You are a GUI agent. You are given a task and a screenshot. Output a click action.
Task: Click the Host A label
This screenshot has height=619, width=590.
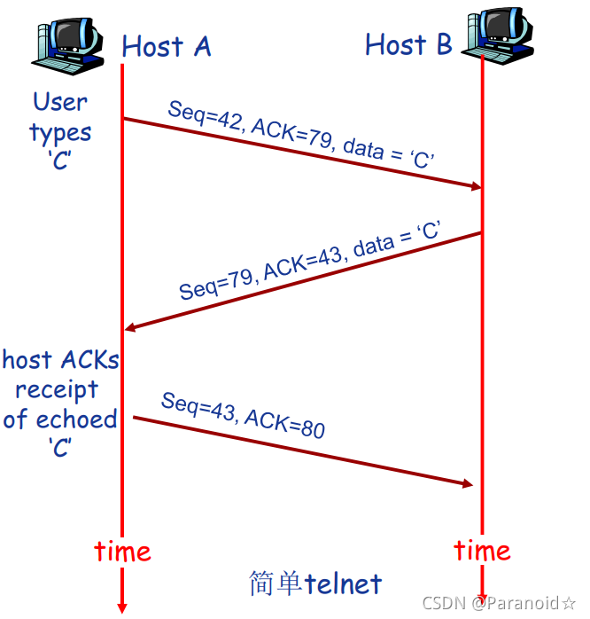tap(167, 46)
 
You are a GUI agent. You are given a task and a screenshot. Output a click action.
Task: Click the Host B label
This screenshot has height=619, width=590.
tap(408, 44)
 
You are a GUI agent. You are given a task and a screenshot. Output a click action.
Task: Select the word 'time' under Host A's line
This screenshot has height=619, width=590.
tap(122, 552)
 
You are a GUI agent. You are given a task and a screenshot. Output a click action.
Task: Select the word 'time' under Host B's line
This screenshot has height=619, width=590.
tap(482, 550)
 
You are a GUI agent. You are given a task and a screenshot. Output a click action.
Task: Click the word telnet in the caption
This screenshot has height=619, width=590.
tap(343, 584)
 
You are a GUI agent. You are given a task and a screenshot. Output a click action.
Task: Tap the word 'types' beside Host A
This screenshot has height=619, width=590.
tap(60, 133)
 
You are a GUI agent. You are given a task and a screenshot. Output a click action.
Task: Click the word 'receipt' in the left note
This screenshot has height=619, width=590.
tap(57, 389)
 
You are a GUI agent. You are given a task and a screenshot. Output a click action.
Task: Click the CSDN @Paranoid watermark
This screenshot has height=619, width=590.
tap(499, 604)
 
